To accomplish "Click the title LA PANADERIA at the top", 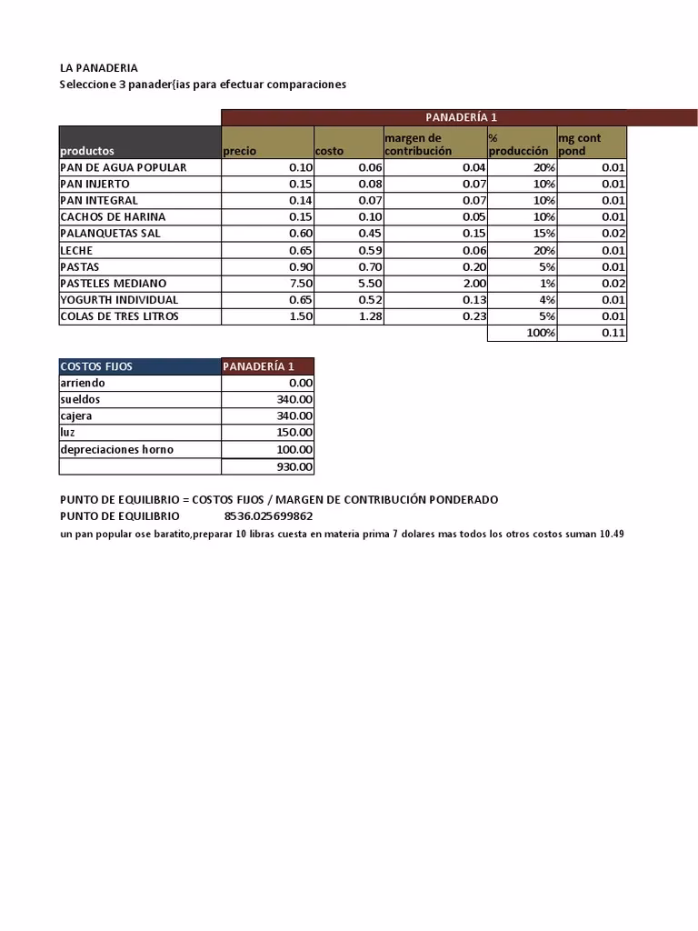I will point(99,68).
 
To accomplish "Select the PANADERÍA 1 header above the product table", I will point(461,117).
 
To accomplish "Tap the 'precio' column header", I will point(240,151).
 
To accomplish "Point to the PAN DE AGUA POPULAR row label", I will point(124,167).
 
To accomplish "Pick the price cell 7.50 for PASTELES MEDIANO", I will point(301,284).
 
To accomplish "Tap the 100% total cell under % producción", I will point(542,334).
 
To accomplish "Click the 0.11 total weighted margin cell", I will point(613,334).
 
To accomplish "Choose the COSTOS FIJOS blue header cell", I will point(96,366).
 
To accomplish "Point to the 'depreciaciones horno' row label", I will point(116,449).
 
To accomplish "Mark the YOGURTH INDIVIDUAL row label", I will point(119,300).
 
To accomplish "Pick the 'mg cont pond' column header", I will point(579,145).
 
